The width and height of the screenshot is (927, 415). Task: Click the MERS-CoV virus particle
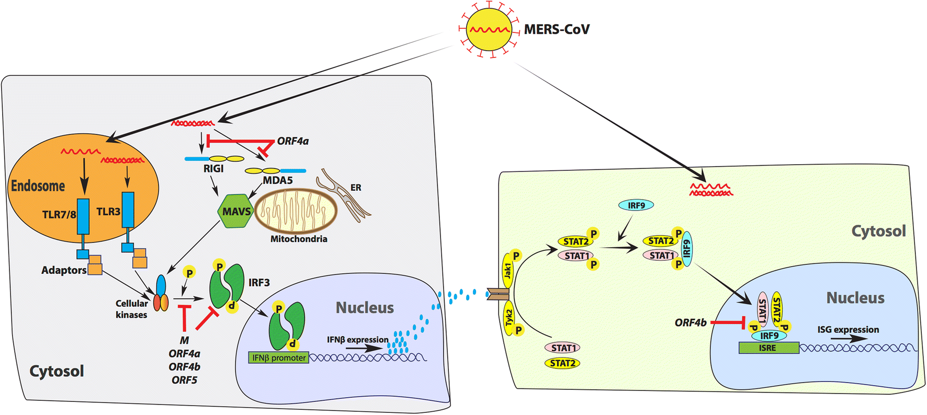pos(489,29)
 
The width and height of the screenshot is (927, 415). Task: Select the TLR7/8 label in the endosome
pos(59,214)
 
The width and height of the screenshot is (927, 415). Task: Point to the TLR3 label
pos(108,212)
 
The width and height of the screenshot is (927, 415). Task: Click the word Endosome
pos(38,186)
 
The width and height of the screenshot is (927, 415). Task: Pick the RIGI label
pos(213,168)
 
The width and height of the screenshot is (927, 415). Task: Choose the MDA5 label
pos(278,180)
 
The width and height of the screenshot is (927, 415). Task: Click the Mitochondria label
pos(299,239)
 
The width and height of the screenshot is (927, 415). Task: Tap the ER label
pos(356,188)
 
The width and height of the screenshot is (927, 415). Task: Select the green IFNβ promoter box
pos(278,358)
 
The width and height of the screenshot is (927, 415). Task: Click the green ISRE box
pos(768,348)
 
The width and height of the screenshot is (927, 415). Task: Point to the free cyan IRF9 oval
pos(636,205)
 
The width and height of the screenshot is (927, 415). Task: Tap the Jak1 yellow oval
pos(508,271)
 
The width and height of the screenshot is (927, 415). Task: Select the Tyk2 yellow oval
pos(509,318)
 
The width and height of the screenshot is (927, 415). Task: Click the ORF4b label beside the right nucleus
pos(691,322)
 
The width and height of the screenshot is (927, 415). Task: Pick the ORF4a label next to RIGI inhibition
pos(293,141)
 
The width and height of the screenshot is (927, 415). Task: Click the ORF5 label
pos(184,380)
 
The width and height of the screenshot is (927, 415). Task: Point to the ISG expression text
pos(848,329)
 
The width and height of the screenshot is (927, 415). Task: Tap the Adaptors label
pos(64,270)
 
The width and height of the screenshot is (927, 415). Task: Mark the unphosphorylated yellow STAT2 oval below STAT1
pos(562,363)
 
